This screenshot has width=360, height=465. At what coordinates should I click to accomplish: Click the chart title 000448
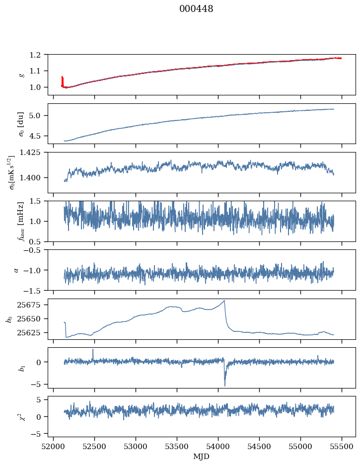tap(196, 9)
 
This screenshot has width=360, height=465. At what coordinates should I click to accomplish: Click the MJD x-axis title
tap(201, 457)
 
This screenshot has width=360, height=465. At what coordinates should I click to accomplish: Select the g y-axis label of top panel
tap(21, 75)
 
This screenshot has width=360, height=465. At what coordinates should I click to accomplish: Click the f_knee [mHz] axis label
tap(21, 221)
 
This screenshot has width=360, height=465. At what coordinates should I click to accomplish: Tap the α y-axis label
tap(17, 270)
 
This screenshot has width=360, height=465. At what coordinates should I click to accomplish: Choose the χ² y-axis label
tap(20, 416)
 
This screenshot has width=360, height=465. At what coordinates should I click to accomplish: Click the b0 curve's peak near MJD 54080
tap(224, 301)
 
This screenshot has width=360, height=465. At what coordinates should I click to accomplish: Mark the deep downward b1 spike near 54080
tap(224, 385)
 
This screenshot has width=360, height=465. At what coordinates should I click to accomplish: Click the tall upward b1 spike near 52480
tap(93, 350)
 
